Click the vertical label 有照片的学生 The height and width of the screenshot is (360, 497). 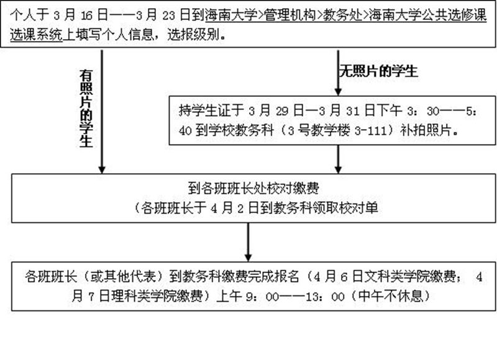click(86, 109)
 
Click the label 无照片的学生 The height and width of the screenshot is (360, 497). click(378, 71)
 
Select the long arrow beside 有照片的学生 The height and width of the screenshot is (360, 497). click(102, 112)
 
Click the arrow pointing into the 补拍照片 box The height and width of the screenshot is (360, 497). click(338, 73)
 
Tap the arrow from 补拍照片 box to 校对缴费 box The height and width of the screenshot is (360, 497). click(338, 160)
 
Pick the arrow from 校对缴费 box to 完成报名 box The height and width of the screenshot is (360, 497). click(248, 242)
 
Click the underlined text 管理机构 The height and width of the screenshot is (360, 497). click(290, 15)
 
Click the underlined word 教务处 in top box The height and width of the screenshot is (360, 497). click(342, 15)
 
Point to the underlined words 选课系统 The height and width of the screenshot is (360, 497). click(36, 35)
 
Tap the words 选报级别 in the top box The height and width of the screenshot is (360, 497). click(193, 35)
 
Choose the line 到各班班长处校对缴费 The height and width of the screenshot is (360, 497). click(253, 189)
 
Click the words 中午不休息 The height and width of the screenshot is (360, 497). click(390, 296)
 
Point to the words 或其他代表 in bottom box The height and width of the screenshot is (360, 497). click(123, 276)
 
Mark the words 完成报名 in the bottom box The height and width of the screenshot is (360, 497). click(273, 276)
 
